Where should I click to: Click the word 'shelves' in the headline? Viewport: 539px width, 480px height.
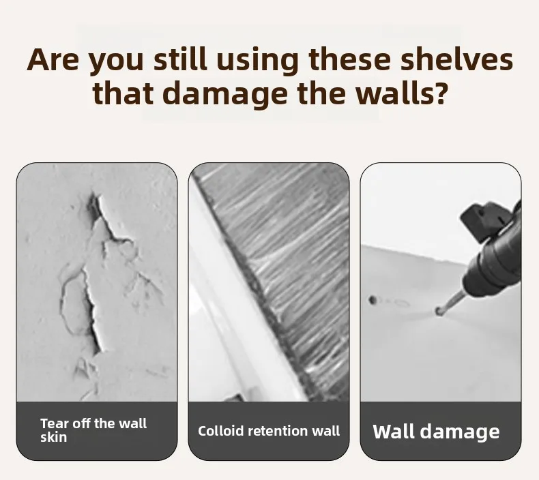pos(457,59)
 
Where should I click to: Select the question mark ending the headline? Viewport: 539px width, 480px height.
pos(440,93)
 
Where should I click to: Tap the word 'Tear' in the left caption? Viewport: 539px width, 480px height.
pos(53,423)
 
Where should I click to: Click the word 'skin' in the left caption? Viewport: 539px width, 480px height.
pos(53,438)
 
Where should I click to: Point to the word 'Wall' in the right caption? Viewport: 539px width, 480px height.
pos(393,431)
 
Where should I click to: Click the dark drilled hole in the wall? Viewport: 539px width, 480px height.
pos(373,300)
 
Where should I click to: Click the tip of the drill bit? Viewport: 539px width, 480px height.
pos(438,312)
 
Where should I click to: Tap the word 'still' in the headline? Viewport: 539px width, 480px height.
pos(180,59)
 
